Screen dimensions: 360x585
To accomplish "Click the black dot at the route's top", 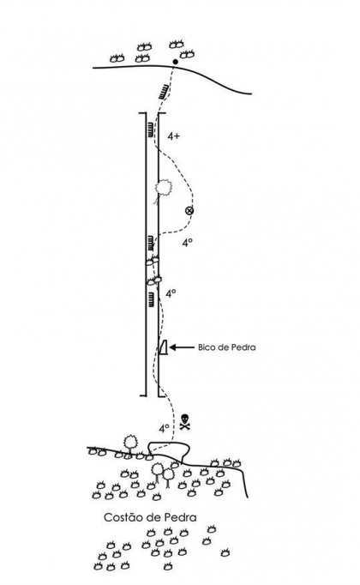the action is point(176,62).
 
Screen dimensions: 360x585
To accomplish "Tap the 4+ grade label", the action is point(173,136).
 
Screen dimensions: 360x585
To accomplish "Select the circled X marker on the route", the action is point(189,211).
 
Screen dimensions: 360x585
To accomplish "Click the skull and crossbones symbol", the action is point(184,422).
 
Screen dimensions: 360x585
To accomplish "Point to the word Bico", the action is point(206,347).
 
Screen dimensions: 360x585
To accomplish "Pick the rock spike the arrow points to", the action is point(163,347).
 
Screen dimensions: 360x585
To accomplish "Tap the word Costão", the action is point(120,517).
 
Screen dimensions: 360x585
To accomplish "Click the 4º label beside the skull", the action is point(165,429).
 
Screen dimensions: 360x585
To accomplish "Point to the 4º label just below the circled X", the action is point(187,244).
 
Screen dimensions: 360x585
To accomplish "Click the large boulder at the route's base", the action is point(169,450).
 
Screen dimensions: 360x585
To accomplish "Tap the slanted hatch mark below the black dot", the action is point(164,92).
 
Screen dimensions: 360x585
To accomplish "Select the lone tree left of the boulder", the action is point(130,443).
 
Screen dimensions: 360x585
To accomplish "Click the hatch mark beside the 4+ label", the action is point(150,130).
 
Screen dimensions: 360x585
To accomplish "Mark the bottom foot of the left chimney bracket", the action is point(142,395).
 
